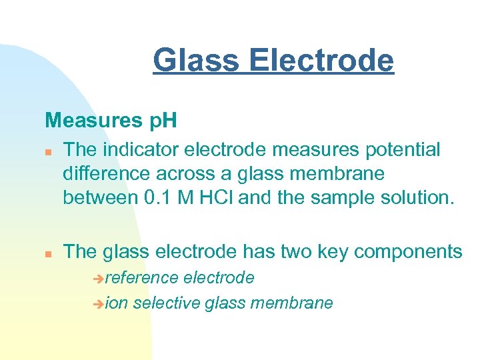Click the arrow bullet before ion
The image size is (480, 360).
100,304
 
